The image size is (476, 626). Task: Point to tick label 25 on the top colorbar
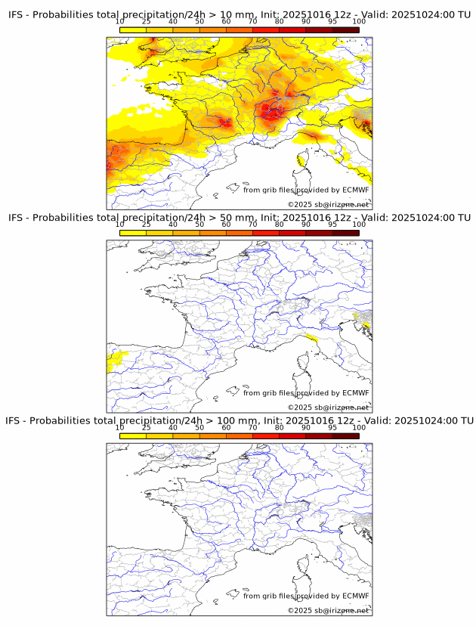(147, 22)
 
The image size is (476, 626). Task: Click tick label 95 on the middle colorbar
(332, 225)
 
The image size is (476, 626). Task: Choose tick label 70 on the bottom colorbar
(252, 427)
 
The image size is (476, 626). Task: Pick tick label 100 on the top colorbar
(359, 22)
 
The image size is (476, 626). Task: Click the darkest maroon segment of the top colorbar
(346, 29)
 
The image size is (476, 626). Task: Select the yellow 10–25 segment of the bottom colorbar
(133, 436)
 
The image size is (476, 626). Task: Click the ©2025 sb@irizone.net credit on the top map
(328, 205)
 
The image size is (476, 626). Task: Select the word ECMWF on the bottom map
(355, 596)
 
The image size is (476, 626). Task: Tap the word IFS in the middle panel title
(17, 218)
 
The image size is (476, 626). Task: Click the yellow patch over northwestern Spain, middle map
(116, 358)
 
